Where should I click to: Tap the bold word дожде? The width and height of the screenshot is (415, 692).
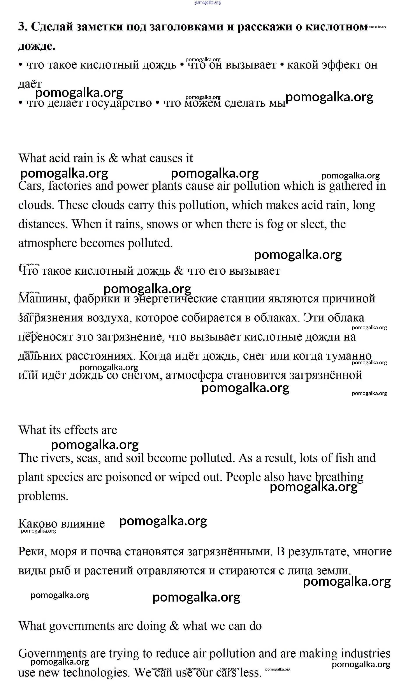coord(37,46)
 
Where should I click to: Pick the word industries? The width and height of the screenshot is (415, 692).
coord(366,654)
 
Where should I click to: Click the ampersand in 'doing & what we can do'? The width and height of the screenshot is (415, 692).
coord(174,626)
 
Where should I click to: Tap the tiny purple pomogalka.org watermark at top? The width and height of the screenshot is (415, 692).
coord(207,2)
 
